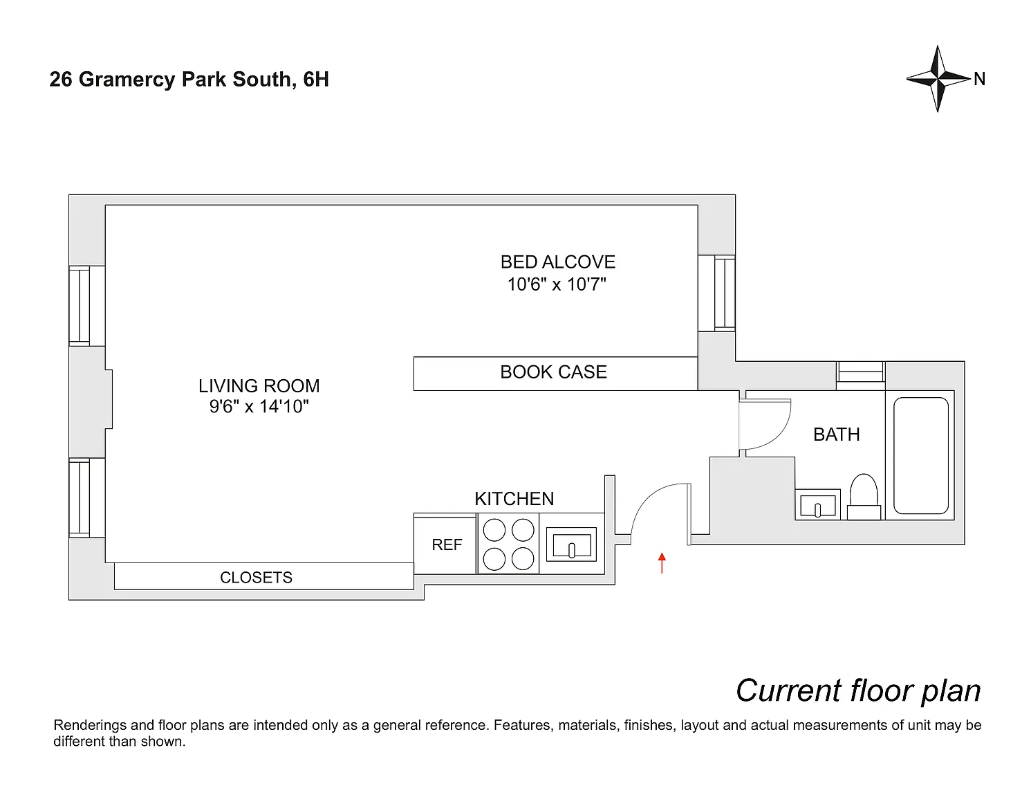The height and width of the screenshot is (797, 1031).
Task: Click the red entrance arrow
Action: click(x=662, y=562)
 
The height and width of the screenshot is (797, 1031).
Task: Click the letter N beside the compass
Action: click(x=979, y=80)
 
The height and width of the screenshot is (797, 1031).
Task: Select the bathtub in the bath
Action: click(x=921, y=455)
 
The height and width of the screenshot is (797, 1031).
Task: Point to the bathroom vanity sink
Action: click(x=818, y=504)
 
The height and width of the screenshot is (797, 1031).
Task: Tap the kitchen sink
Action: click(x=570, y=544)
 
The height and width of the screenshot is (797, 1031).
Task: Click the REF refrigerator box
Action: click(x=446, y=544)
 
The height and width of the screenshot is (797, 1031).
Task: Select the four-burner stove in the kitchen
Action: click(x=508, y=544)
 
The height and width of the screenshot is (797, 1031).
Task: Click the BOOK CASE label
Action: click(x=553, y=372)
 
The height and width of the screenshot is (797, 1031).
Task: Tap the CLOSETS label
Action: click(x=256, y=578)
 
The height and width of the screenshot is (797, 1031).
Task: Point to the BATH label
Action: click(x=837, y=434)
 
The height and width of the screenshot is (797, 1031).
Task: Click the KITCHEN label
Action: click(x=514, y=499)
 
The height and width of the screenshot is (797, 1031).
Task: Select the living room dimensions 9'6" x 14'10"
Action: click(x=259, y=407)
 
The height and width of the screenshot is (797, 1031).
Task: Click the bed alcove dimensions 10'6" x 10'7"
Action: click(x=557, y=284)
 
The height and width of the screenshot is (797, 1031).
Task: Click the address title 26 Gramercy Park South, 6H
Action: click(x=189, y=80)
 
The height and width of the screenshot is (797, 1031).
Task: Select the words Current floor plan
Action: click(x=858, y=690)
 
